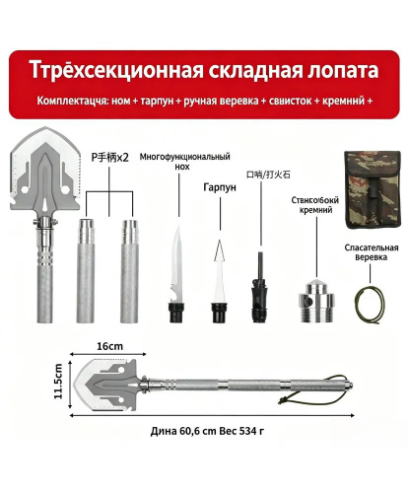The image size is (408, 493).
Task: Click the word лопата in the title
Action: (343, 71)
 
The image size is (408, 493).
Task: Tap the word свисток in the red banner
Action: (290, 101)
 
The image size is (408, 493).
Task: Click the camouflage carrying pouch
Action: (373, 191)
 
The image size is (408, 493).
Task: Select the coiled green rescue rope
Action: (371, 306)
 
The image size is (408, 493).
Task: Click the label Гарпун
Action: (220, 187)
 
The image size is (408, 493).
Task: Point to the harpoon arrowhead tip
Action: (220, 241)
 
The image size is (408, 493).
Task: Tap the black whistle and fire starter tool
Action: (258, 287)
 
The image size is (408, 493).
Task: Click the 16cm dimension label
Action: (109, 346)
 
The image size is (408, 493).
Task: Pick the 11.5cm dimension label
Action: (58, 382)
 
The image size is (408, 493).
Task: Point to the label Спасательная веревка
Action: (372, 252)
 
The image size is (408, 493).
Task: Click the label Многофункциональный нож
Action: (184, 161)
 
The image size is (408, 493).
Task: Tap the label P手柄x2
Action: (109, 158)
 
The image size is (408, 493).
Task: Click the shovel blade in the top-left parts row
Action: (45, 171)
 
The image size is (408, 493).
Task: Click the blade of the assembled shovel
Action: (106, 385)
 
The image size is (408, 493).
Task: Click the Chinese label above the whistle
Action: (268, 175)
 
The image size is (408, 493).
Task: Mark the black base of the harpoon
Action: (219, 313)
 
